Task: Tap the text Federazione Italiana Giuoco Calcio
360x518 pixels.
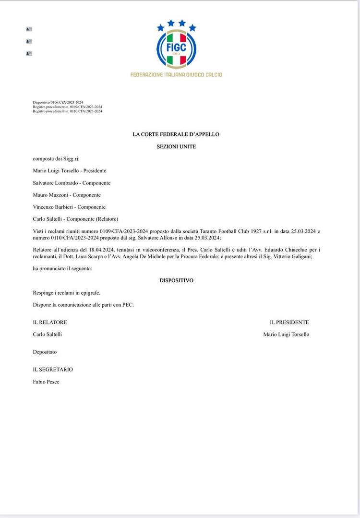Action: pos(176,75)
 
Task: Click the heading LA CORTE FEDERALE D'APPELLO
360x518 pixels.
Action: pos(176,134)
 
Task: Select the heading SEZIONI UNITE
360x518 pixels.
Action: pos(176,146)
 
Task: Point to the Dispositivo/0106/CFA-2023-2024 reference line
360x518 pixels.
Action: pos(58,103)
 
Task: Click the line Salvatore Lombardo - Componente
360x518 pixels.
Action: pos(72,183)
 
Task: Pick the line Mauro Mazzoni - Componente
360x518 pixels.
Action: pos(67,195)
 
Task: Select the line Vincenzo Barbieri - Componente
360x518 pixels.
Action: pos(69,207)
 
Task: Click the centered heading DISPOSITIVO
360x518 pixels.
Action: pos(176,280)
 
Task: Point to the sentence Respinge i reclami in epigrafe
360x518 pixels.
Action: pos(67,292)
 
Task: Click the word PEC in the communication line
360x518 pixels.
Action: pos(128,304)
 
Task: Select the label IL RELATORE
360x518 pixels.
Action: pos(50,322)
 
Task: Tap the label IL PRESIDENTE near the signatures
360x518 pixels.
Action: pos(289,322)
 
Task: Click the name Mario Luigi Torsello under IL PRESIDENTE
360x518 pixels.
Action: pos(286,334)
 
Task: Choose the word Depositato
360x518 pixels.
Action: pos(45,352)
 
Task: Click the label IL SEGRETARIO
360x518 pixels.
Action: pos(53,370)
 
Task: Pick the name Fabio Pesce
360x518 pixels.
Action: pos(46,382)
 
